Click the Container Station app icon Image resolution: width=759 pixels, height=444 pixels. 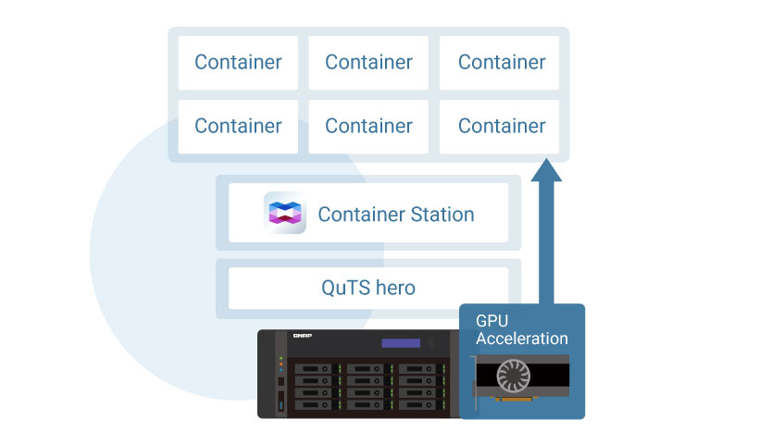(x=285, y=214)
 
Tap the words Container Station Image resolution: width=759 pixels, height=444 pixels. (x=395, y=215)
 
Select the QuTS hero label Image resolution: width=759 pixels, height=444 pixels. (x=368, y=288)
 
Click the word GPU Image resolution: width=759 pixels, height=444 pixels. (x=492, y=321)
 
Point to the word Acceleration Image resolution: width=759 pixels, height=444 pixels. (x=521, y=339)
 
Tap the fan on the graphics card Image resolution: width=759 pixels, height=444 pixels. (x=515, y=376)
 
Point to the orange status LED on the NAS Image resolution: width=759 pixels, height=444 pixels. (x=280, y=364)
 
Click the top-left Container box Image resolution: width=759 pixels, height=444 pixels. (x=238, y=63)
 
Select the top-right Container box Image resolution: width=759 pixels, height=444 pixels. (x=501, y=63)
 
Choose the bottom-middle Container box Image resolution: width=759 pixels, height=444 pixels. (x=368, y=126)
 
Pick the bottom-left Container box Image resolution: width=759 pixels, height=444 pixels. (x=238, y=126)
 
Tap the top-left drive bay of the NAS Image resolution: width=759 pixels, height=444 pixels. (x=312, y=370)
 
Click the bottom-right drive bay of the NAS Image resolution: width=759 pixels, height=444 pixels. (x=418, y=406)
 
